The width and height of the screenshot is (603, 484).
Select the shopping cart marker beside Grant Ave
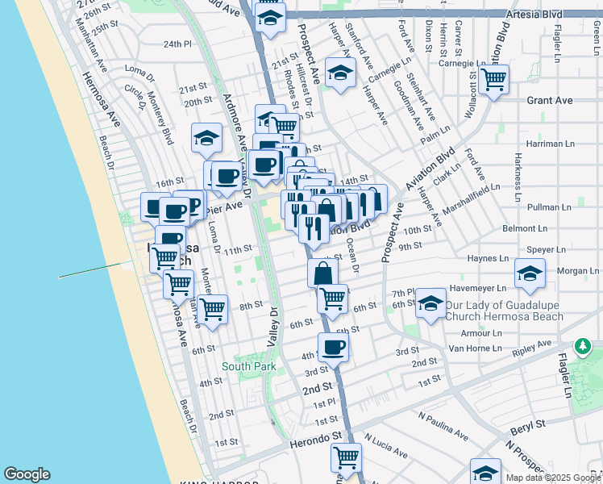[493, 80]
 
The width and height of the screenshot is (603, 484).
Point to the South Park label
[249, 366]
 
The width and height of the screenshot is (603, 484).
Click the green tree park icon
[583, 347]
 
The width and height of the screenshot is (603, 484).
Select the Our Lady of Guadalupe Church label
[505, 311]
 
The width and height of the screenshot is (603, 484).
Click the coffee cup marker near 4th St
[332, 348]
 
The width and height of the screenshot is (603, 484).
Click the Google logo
[27, 474]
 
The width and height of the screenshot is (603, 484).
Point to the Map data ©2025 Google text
[553, 478]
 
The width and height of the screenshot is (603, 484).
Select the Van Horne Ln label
[475, 348]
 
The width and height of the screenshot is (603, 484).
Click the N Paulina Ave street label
[443, 426]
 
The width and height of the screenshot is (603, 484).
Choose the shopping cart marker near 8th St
[213, 309]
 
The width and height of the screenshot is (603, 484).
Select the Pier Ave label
[223, 207]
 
